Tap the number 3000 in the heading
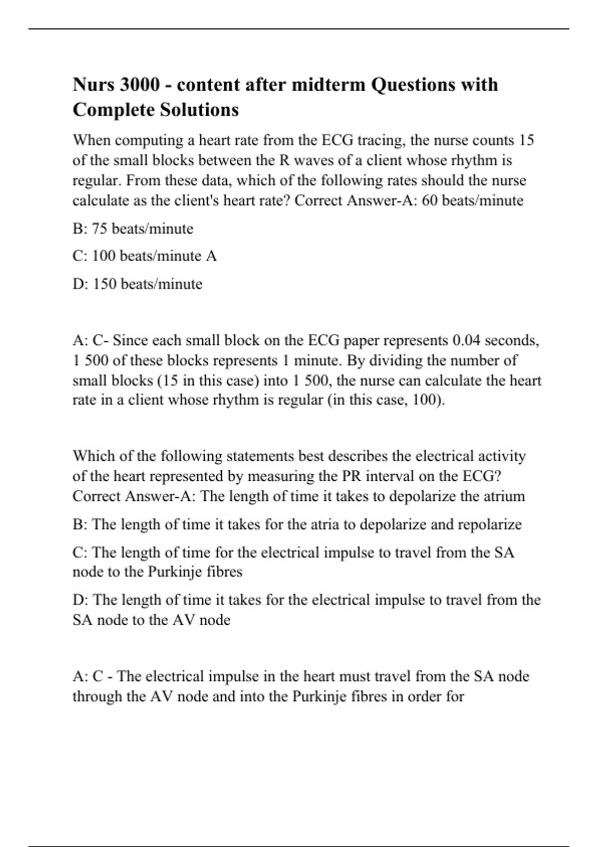[140, 85]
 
